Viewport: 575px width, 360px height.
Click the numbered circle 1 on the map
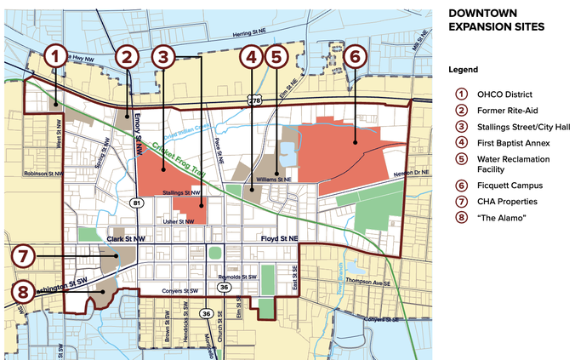click(x=55, y=57)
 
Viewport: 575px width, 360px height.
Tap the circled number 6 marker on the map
click(x=356, y=57)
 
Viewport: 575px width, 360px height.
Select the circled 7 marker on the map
click(x=24, y=254)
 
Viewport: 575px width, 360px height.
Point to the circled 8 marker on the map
click(x=24, y=292)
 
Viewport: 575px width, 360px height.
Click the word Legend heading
click(x=464, y=69)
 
